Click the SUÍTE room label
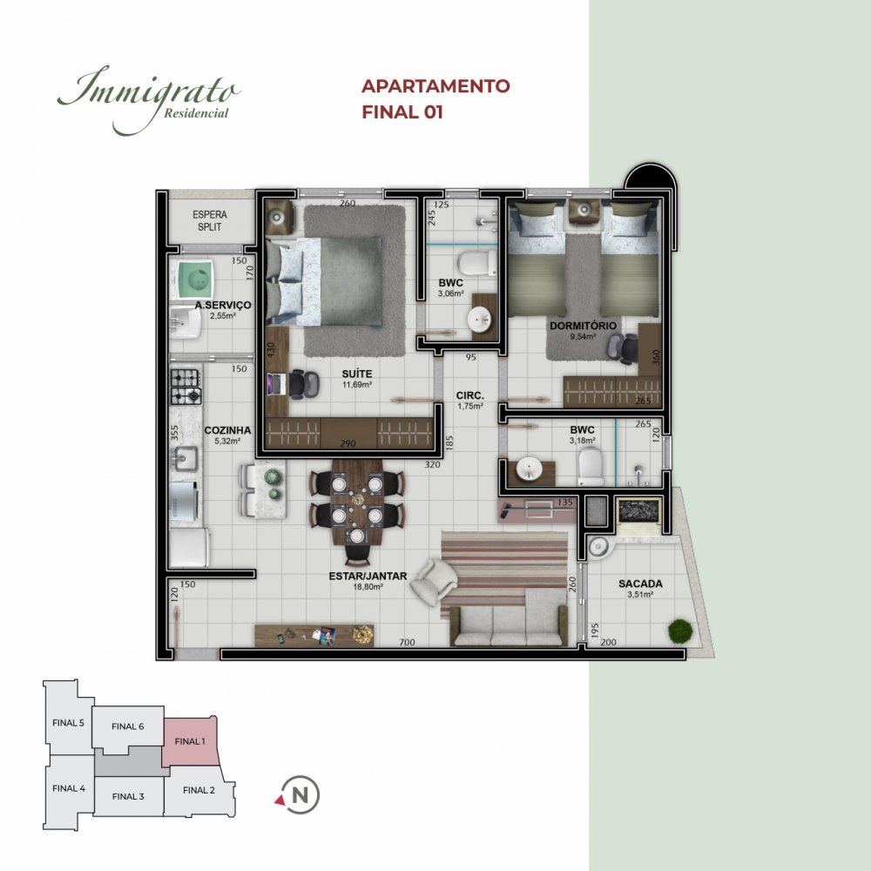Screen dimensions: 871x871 356,374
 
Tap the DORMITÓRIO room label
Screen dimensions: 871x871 583,326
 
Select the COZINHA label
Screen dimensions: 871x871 227,430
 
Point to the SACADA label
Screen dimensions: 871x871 640,584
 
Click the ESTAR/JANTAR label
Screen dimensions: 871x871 368,577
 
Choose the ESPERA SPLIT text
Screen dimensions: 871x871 210,220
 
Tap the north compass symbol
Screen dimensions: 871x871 298,795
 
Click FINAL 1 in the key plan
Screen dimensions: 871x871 189,741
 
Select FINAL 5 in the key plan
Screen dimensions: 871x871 68,723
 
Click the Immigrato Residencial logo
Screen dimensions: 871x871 149,100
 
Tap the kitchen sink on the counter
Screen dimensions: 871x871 185,459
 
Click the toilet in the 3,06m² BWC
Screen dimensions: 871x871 476,263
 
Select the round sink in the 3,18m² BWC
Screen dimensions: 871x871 529,469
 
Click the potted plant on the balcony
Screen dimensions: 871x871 680,631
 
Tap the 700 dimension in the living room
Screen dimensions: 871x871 407,642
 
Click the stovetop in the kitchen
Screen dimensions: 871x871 186,387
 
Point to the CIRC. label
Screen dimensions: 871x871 470,396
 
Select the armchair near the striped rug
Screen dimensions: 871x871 435,581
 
